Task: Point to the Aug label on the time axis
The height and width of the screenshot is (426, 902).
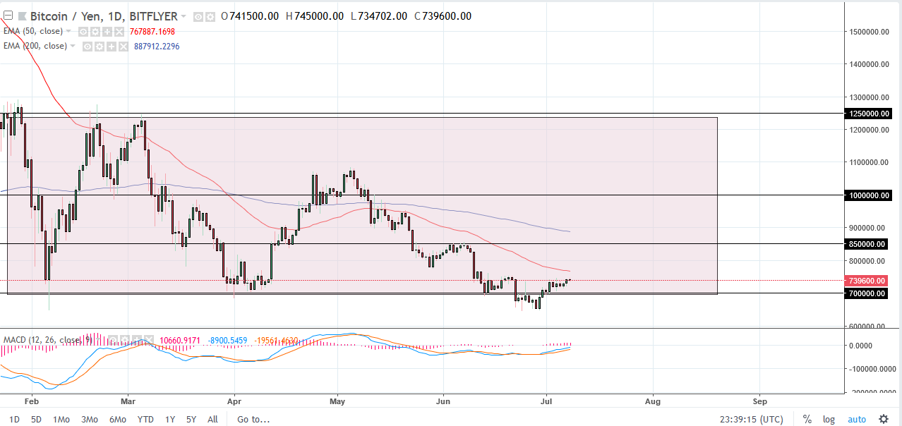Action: [653, 401]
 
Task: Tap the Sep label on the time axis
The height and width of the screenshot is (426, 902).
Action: [760, 401]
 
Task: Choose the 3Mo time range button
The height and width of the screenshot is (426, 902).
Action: [89, 419]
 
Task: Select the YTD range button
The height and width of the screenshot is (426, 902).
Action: [145, 419]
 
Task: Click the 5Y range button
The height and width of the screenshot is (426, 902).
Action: [191, 419]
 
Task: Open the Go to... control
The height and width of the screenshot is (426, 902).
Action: [253, 419]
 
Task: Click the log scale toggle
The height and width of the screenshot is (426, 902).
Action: [829, 419]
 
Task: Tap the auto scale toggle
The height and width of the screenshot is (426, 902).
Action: [856, 419]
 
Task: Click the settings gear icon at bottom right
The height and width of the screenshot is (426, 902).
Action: [883, 419]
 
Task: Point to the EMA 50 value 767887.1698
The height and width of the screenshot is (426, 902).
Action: [152, 32]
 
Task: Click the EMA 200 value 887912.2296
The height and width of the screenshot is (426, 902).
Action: [157, 47]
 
